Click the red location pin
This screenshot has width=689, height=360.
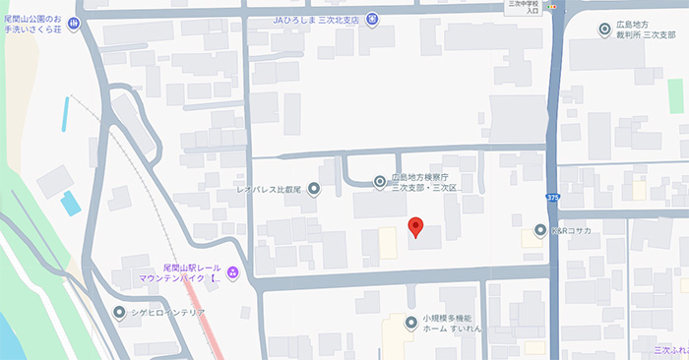415,227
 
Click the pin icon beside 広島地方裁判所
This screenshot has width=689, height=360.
604,30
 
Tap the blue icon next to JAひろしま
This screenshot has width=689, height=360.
373,20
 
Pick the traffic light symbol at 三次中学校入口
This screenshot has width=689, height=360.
557,5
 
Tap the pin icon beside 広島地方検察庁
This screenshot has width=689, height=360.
380,180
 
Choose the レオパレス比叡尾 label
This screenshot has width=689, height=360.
271,188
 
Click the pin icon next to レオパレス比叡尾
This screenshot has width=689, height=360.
314,188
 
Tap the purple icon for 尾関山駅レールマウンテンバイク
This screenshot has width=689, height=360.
232,272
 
